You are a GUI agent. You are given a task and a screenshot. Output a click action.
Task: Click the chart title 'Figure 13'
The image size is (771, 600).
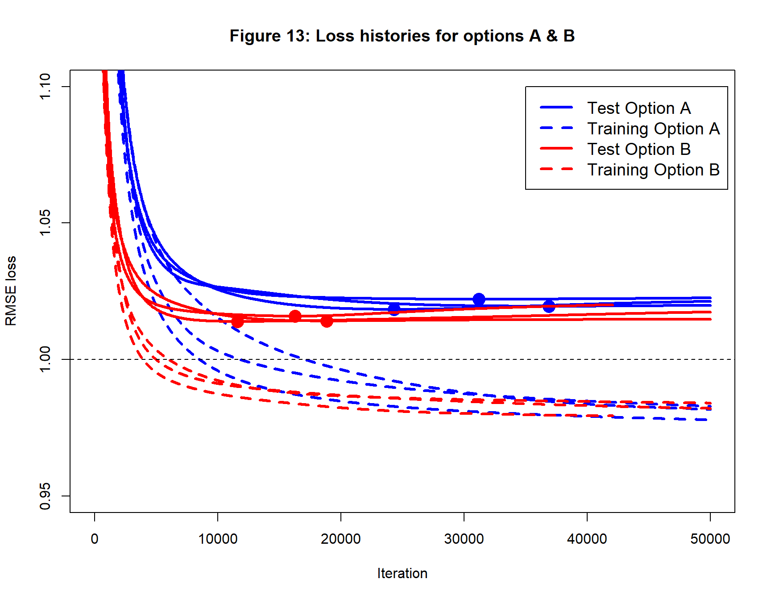(x=402, y=36)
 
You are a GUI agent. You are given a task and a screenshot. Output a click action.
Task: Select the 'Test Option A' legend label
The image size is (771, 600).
(x=638, y=108)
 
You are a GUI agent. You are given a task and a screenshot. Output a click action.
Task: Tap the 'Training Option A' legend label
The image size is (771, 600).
(x=653, y=129)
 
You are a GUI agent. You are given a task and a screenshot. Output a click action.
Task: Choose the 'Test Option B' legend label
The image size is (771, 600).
(x=638, y=149)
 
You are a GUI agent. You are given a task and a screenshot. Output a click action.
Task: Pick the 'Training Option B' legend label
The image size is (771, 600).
(x=653, y=170)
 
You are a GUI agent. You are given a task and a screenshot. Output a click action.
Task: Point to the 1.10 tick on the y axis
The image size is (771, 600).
(x=45, y=87)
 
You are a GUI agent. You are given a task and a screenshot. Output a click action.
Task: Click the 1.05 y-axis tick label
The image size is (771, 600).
(x=45, y=223)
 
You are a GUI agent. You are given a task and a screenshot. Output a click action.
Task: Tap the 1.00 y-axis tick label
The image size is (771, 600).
(x=45, y=359)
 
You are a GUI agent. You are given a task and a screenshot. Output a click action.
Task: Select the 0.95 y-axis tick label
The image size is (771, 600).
(x=45, y=496)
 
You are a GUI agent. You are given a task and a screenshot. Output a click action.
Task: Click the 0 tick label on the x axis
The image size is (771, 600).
(x=95, y=539)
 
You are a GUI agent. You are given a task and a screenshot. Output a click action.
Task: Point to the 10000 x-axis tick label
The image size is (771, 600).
(x=218, y=539)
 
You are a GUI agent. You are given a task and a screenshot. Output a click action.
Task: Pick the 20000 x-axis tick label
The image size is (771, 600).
(x=341, y=539)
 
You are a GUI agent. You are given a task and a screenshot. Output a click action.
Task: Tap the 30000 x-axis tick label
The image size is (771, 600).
(x=464, y=539)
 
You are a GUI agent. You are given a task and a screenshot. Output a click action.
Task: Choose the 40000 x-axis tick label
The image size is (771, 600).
(x=587, y=539)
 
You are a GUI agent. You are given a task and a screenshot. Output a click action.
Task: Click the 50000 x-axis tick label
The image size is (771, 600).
(x=710, y=539)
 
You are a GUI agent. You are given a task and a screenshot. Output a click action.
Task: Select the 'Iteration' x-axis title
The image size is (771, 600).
(x=402, y=573)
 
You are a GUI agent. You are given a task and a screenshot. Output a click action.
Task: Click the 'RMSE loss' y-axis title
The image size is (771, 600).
(x=11, y=291)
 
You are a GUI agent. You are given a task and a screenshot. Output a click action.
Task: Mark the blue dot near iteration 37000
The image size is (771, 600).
(x=549, y=306)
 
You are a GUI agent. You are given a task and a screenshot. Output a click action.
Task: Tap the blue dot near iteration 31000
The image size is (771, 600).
(x=479, y=299)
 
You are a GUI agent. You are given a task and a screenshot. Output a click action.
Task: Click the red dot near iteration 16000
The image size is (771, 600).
(x=295, y=316)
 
